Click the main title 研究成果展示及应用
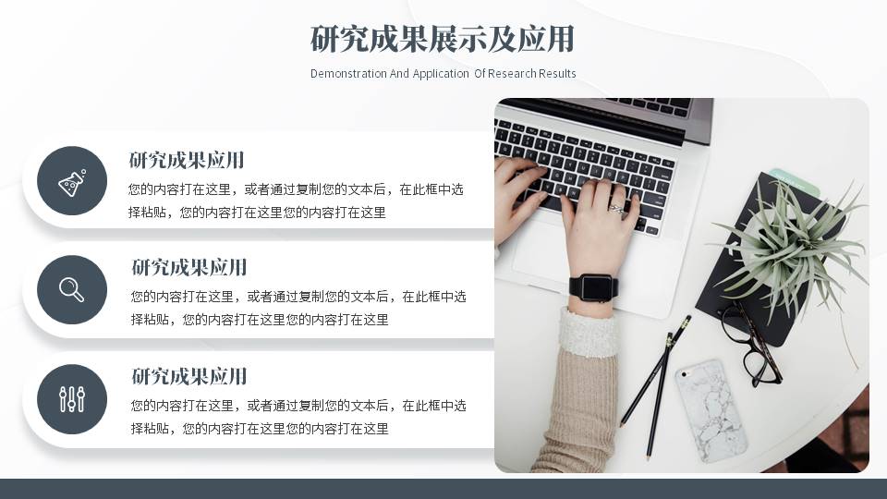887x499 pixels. [443, 40]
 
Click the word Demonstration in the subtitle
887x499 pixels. [347, 74]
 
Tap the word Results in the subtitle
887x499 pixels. [558, 74]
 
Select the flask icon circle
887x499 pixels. [72, 181]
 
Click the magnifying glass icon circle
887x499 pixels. [72, 290]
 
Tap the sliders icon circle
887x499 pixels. [72, 399]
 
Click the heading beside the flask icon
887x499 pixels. [187, 160]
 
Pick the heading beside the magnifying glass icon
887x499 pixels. [189, 268]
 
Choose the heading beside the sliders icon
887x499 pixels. [189, 376]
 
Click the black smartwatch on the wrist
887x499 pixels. [592, 287]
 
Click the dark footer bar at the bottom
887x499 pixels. [443, 489]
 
